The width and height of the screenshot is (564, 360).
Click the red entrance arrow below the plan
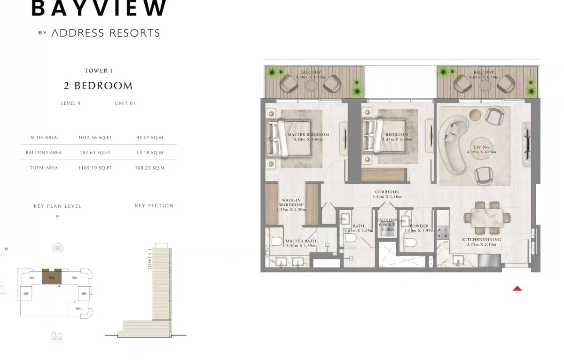coord(517,288)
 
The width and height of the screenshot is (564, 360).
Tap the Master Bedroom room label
coord(308,135)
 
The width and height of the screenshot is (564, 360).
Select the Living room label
coord(481,147)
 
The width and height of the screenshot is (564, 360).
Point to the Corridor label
coord(387,192)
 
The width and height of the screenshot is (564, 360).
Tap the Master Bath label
coord(301,241)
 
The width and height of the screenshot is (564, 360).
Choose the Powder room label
coord(418,226)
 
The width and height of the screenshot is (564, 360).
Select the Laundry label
coord(387,220)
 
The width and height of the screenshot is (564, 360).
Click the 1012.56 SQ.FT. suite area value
coord(95,138)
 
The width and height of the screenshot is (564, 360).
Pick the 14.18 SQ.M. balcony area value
coord(150,153)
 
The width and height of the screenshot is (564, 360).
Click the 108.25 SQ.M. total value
coord(150,168)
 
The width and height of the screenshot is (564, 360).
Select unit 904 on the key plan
coord(78,308)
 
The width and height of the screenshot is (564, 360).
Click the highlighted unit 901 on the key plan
coord(52,277)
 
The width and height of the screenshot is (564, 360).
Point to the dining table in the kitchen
coord(487,218)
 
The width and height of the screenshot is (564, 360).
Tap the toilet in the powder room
coord(410,243)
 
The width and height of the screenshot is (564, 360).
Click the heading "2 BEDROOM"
coord(98,86)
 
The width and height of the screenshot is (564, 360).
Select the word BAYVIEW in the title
coord(99,8)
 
